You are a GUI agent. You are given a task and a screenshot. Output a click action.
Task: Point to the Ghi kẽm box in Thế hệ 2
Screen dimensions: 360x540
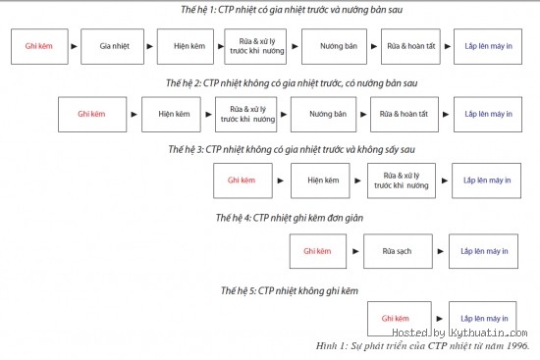pos(91,115)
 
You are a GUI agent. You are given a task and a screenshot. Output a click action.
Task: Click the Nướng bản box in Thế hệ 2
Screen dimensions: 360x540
pos(327,115)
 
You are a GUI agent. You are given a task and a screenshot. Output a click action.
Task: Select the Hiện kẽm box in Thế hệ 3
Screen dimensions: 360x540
pos(321,181)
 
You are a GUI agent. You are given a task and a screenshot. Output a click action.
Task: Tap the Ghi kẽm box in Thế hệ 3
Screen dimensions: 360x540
pos(242,181)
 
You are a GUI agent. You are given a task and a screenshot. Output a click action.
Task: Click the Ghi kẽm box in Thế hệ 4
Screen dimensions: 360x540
pos(319,251)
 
